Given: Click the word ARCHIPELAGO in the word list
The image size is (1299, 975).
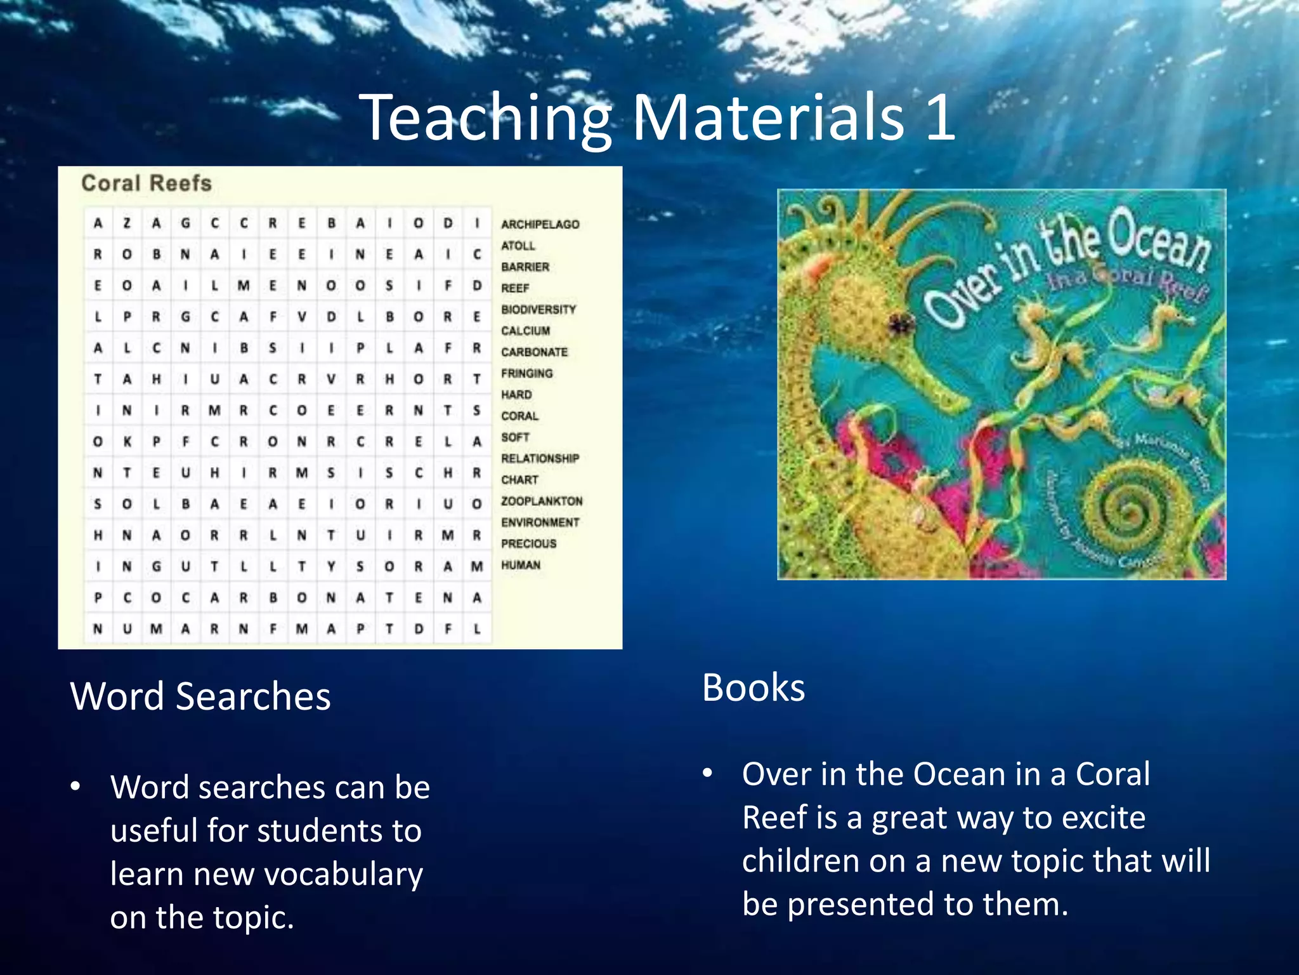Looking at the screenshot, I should pos(540,224).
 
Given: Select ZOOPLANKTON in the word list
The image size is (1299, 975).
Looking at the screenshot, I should pos(542,501).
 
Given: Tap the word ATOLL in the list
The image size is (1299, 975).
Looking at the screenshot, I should pos(518,246).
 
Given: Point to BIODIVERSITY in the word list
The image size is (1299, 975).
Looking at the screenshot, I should pos(538,309).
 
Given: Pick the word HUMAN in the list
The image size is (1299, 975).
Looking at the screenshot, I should pos(521,565).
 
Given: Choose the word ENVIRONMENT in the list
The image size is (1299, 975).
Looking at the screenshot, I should pos(540,522).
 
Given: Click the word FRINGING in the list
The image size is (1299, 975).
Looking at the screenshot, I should pos(526,373).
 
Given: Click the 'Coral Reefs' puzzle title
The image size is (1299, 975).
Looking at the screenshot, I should pos(147,183).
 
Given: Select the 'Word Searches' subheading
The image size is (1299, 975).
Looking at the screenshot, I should pos(200,696).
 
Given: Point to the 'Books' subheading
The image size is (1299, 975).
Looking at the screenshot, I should pos(754,687).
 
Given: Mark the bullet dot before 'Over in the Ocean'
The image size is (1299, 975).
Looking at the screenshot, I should pos(708,773).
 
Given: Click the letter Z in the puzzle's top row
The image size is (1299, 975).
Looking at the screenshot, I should pos(127,223).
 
